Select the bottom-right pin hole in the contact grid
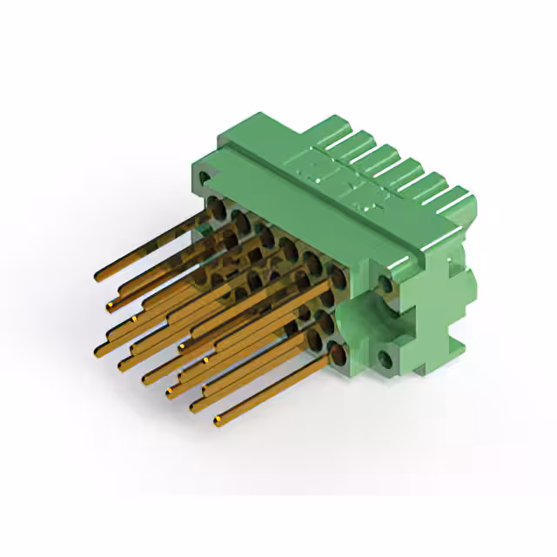click(x=337, y=352)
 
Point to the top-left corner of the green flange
click(x=197, y=160)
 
